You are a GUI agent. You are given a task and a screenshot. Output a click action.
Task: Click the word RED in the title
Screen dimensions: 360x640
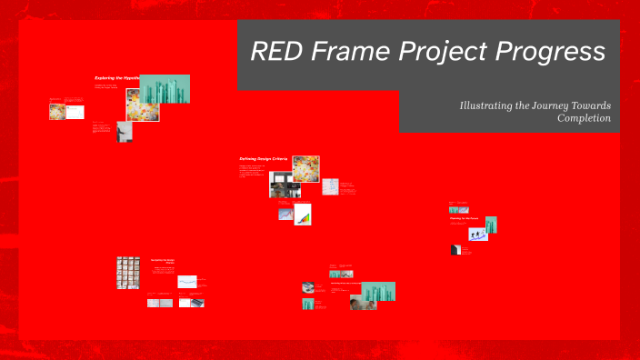[x=278, y=52]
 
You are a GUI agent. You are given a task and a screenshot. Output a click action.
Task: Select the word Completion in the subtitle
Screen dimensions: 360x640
[x=584, y=119]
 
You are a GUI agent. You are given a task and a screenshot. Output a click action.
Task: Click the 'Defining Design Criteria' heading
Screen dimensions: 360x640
[x=264, y=158]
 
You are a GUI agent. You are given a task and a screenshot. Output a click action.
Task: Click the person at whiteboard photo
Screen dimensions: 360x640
[x=125, y=131]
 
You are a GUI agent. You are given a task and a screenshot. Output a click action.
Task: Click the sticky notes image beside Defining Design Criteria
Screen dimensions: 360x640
[x=305, y=168]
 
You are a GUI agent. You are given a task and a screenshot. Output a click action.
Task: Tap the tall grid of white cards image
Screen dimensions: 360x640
[x=127, y=273]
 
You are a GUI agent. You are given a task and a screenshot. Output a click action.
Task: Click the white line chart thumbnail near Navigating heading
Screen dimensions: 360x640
[x=187, y=281]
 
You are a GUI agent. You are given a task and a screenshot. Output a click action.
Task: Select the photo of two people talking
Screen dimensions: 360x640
[x=363, y=303]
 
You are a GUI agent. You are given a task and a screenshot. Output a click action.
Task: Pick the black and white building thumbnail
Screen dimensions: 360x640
[x=455, y=250]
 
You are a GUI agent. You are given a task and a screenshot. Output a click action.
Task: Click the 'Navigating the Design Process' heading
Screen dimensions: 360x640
[x=163, y=261]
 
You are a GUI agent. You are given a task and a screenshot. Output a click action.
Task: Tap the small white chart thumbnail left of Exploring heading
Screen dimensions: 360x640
[x=75, y=112]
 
